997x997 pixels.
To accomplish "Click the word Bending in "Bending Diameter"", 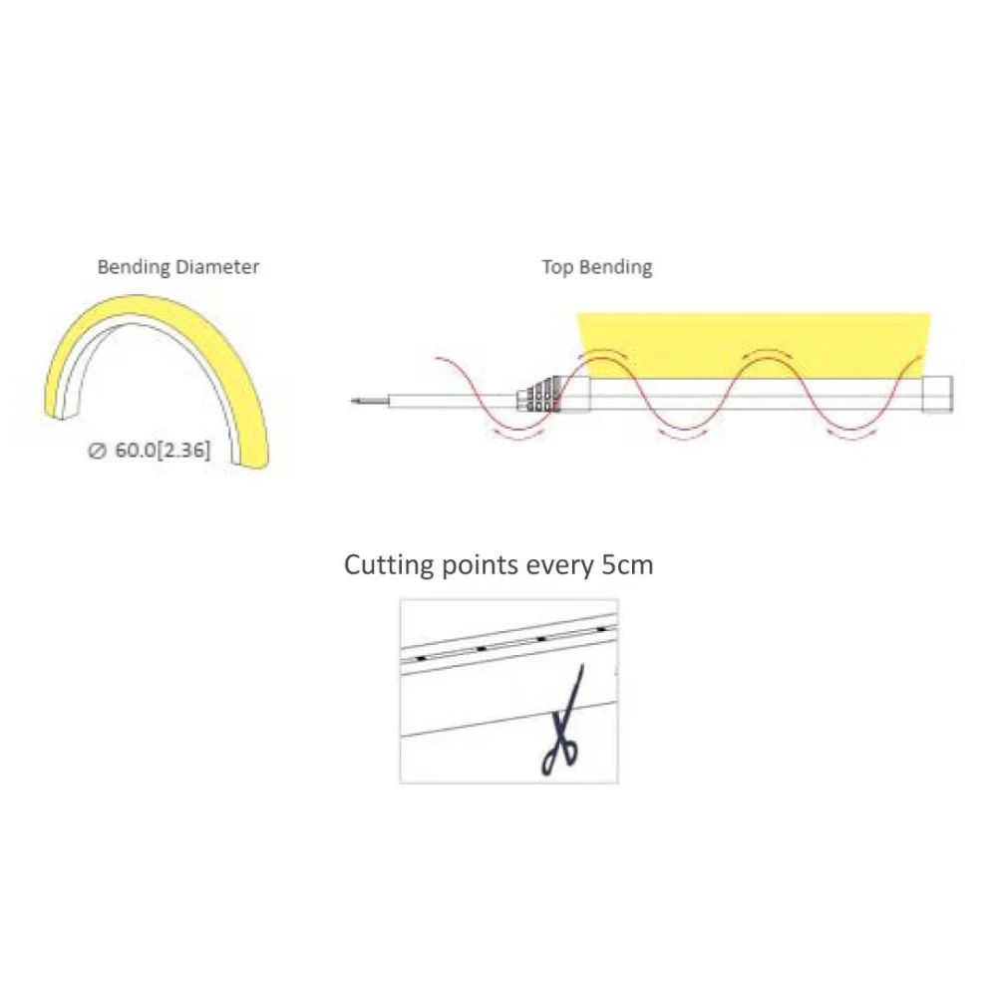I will tap(134, 267).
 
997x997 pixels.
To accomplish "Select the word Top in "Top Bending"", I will tap(556, 267).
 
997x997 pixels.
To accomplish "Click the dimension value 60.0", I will tap(137, 450).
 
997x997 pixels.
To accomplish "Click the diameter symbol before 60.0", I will tap(98, 451).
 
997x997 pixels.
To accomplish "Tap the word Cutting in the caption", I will tap(390, 564).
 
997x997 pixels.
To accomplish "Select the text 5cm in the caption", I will tap(627, 564).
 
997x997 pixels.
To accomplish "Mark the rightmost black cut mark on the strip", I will tap(601, 629).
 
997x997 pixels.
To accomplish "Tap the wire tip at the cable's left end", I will tap(356, 402).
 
